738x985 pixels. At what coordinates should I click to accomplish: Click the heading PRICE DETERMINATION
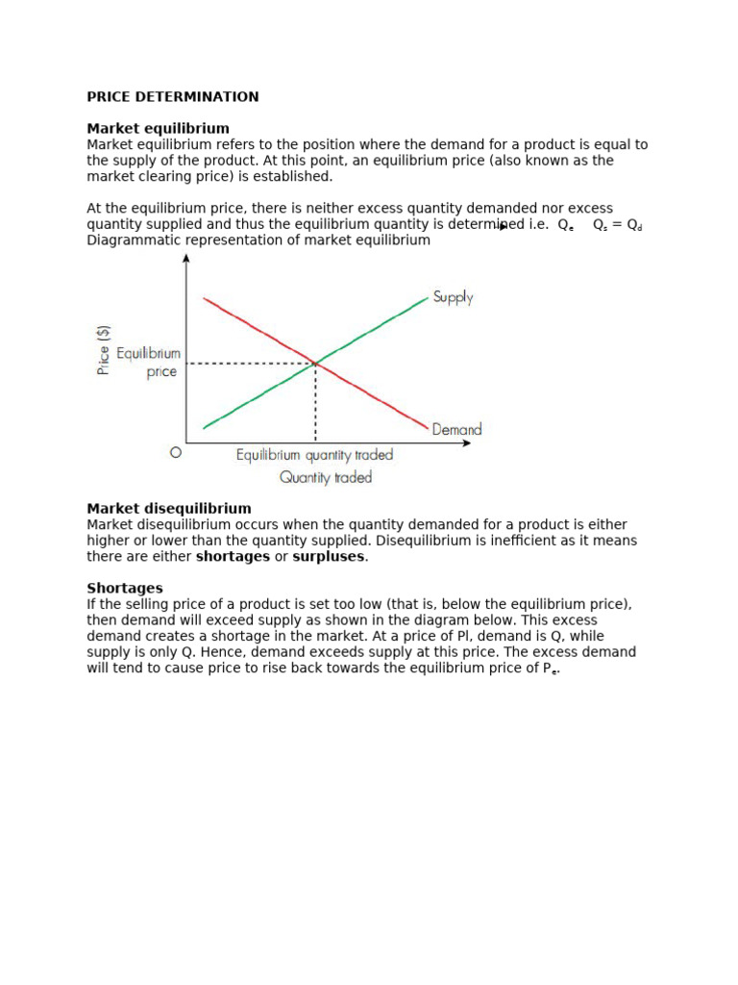click(x=173, y=97)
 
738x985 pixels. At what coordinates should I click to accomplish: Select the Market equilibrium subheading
click(x=158, y=129)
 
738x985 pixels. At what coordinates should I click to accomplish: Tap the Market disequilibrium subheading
click(x=169, y=509)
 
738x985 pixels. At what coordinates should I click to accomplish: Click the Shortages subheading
click(x=125, y=588)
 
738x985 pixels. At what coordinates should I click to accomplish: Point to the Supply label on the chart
click(x=453, y=297)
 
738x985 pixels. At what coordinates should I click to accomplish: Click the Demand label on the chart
click(x=456, y=430)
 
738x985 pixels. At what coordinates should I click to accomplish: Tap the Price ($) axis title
click(x=103, y=349)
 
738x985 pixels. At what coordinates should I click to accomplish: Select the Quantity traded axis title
click(x=326, y=477)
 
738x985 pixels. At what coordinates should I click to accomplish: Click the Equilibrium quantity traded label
click(x=314, y=455)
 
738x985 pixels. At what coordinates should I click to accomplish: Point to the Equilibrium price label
click(x=149, y=363)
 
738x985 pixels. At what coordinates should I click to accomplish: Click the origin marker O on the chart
click(x=175, y=451)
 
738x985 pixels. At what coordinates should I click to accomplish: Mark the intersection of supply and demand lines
click(x=315, y=364)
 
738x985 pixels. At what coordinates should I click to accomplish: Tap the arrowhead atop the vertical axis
click(x=185, y=258)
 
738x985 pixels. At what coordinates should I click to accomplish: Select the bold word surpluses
click(x=329, y=557)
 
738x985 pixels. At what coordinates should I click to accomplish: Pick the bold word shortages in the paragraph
click(x=233, y=557)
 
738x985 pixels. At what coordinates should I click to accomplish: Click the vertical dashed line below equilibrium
click(x=315, y=404)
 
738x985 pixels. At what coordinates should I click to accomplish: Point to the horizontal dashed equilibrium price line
click(x=250, y=364)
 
